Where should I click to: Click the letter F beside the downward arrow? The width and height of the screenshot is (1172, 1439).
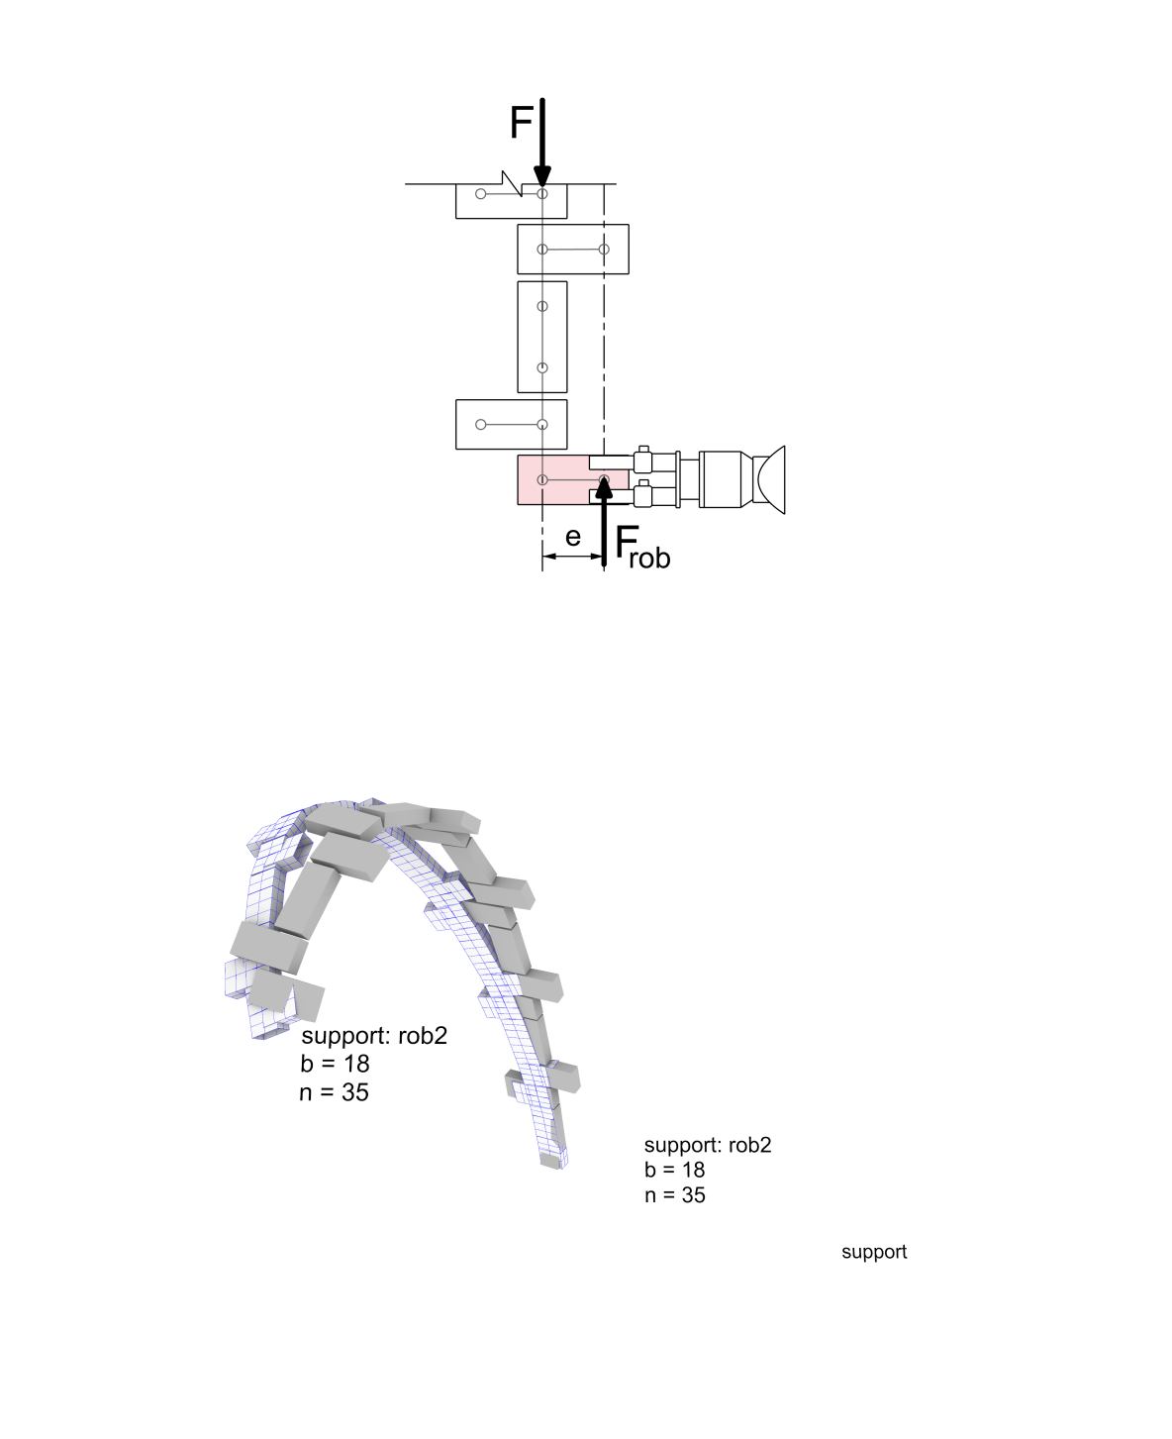(522, 122)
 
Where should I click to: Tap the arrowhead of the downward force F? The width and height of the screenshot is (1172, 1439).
(542, 175)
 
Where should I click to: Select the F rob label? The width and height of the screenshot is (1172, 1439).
(642, 548)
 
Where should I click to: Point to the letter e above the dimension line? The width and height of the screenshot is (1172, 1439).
(572, 537)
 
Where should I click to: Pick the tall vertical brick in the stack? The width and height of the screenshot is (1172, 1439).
(542, 337)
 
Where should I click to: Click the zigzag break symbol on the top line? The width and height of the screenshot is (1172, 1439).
(512, 183)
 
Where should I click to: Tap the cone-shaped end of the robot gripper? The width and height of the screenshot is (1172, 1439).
(770, 479)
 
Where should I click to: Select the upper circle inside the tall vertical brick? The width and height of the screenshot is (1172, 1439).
(542, 306)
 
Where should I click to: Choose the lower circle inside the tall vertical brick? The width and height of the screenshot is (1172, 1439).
(542, 368)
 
